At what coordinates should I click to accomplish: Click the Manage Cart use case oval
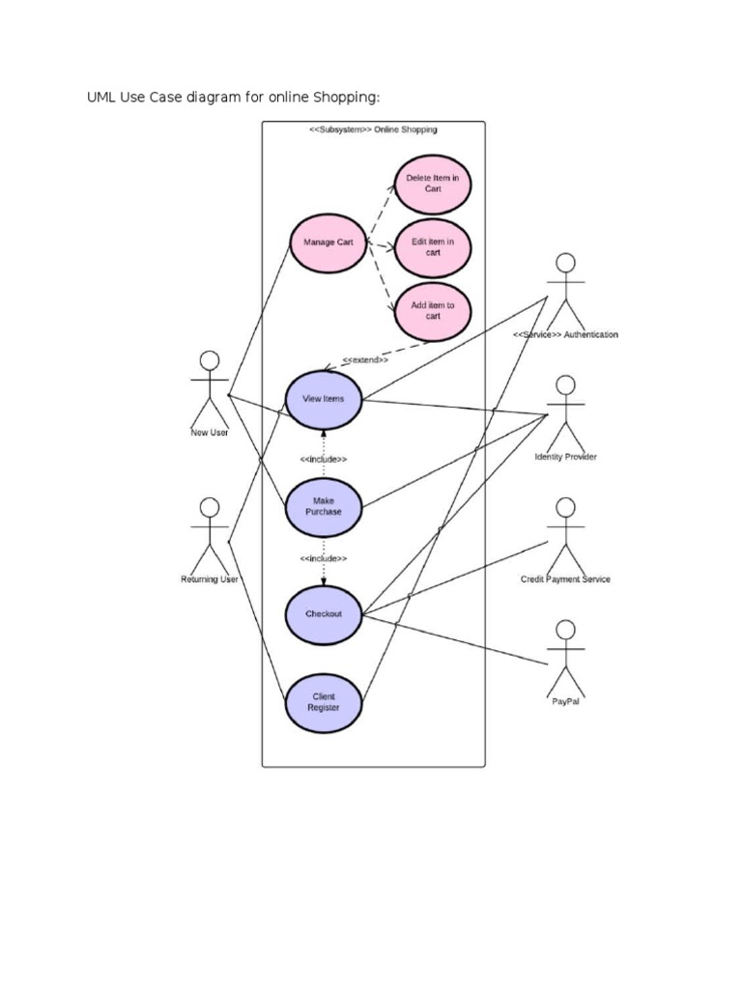point(328,242)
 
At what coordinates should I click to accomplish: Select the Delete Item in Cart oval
point(432,184)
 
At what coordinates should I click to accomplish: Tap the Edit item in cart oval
point(432,247)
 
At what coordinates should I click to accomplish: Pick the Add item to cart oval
point(432,311)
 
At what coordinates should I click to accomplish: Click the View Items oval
point(324,399)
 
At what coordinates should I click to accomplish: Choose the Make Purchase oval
point(324,506)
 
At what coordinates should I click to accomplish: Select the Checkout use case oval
point(324,614)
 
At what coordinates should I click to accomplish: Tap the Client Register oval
point(324,702)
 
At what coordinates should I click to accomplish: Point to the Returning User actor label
point(210,579)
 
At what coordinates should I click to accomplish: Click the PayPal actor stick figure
point(565,657)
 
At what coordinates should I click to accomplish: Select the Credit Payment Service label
point(565,579)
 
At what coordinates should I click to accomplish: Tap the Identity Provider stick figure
point(565,410)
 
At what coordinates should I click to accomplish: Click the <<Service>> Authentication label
point(565,335)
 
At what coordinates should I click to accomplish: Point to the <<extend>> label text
point(365,359)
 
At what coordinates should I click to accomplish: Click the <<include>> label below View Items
point(324,459)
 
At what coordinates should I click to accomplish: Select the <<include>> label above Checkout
point(324,559)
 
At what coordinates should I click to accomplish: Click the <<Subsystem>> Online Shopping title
point(373,129)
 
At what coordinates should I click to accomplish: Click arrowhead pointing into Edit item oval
point(391,247)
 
